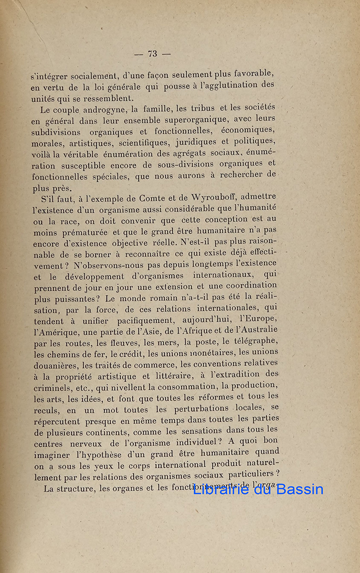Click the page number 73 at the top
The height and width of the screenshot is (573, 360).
[x=153, y=54]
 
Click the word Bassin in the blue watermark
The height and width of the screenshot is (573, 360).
[x=296, y=489]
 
